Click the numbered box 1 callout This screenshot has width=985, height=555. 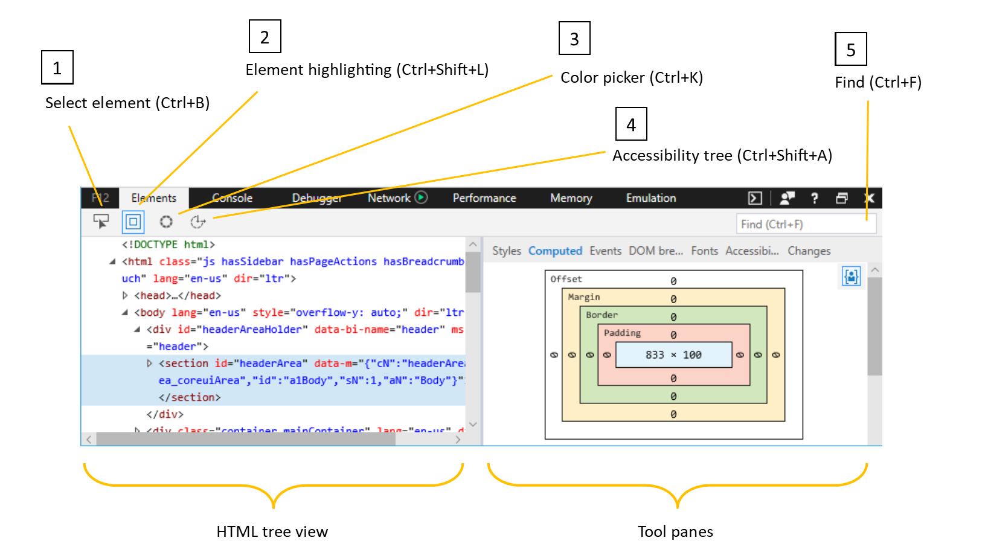57,68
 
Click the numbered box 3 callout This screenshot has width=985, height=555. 574,39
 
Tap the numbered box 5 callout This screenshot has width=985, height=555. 850,50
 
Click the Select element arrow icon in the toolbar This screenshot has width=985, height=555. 101,222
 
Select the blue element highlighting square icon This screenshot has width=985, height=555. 133,222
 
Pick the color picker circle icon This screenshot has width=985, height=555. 166,222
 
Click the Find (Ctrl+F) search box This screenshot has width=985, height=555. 805,224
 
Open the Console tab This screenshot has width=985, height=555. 233,198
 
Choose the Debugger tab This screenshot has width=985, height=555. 316,198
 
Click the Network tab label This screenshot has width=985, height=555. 389,198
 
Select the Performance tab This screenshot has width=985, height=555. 484,198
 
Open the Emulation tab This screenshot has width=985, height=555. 650,198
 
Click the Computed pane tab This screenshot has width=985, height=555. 555,251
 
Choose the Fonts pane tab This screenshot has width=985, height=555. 704,251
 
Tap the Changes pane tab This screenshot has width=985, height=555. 809,251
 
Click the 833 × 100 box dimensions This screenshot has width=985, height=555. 673,355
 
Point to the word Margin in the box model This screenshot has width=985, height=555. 583,297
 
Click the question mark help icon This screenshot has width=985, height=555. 814,198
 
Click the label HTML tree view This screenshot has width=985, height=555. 272,531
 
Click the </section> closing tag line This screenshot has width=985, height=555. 190,397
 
